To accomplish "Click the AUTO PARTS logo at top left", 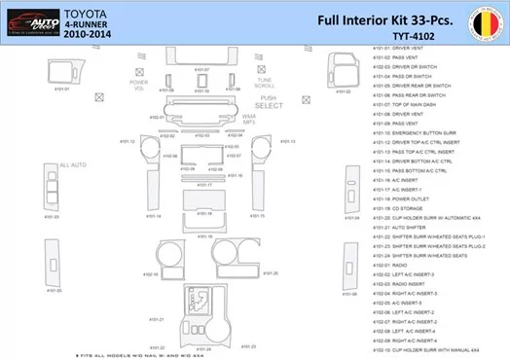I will [x=32, y=18].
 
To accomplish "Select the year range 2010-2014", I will [x=88, y=33].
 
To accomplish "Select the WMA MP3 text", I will [x=248, y=118].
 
